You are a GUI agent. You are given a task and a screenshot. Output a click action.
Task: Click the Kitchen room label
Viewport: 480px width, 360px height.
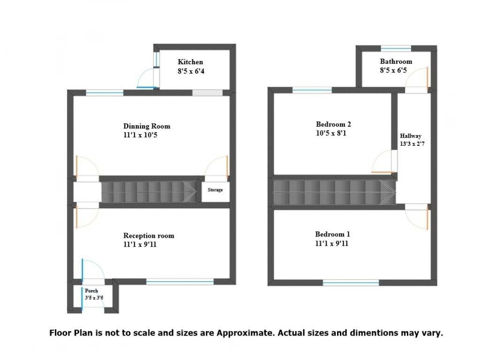coord(190,62)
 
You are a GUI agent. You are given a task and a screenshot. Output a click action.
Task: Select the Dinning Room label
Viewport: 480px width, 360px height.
coord(147,126)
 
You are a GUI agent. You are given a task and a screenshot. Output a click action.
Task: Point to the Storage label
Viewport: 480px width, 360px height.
coord(215,190)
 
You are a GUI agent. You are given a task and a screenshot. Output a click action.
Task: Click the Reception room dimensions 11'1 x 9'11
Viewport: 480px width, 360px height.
coord(139,244)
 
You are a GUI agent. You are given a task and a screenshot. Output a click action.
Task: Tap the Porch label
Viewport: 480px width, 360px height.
coord(91,291)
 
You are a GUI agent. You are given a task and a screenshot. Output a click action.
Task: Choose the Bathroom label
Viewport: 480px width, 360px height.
coord(396,61)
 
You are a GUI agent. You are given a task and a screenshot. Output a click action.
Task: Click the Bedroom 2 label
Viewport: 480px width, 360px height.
coord(333,124)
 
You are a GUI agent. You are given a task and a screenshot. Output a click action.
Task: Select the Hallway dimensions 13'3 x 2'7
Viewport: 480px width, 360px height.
coord(412,144)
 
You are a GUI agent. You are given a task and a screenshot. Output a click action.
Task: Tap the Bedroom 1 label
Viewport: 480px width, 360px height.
coord(332,234)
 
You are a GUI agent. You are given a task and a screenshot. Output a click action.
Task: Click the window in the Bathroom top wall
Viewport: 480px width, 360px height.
coord(396,48)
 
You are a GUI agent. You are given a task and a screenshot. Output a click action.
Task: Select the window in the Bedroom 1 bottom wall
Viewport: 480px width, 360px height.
coord(351,282)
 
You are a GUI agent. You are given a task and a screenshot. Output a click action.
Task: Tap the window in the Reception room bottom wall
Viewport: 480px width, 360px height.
coord(180,281)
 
